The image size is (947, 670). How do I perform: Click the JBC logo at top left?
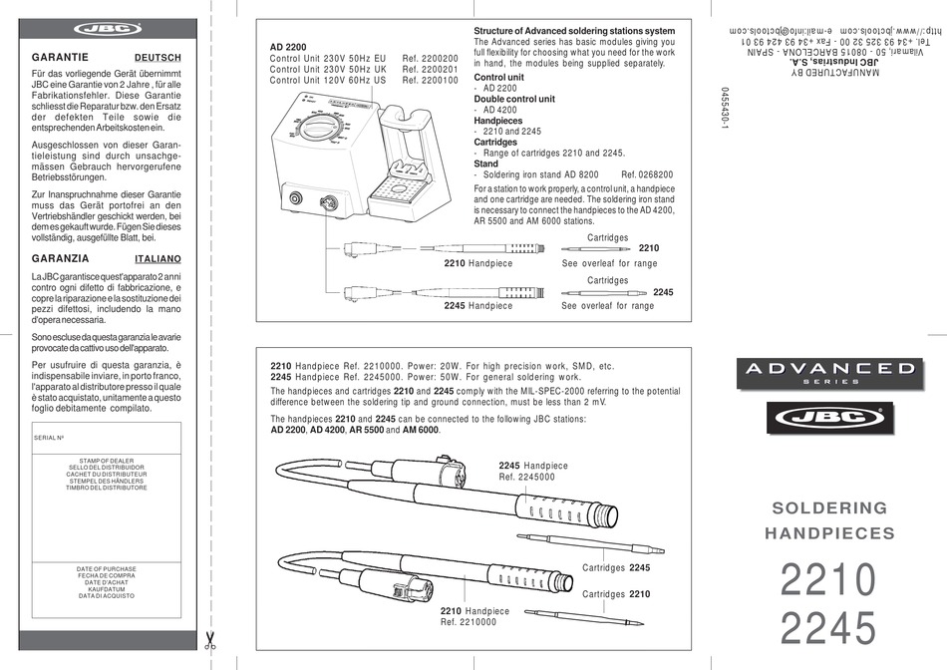pyautogui.click(x=103, y=31)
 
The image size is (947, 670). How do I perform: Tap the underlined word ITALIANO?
pyautogui.click(x=157, y=257)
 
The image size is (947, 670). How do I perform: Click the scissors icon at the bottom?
pyautogui.click(x=210, y=640)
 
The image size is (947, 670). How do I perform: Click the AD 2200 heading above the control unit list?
pyautogui.click(x=289, y=47)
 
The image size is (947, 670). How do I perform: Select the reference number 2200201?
pyautogui.click(x=431, y=70)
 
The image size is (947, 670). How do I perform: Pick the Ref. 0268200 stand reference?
pyautogui.click(x=647, y=173)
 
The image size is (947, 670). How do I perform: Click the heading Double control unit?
pyautogui.click(x=514, y=99)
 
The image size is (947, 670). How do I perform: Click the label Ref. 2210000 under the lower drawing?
pyautogui.click(x=469, y=622)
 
